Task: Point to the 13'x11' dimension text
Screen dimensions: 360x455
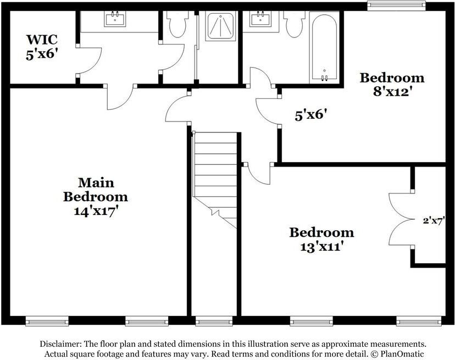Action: coord(321,246)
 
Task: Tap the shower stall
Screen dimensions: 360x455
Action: coord(221,26)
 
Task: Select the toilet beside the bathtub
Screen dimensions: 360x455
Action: coord(295,24)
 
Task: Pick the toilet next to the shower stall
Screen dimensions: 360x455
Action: coord(178,24)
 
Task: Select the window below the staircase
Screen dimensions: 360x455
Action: coord(214,321)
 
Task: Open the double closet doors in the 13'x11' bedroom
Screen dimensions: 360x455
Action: coord(400,219)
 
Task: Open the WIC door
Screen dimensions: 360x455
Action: coord(88,61)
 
